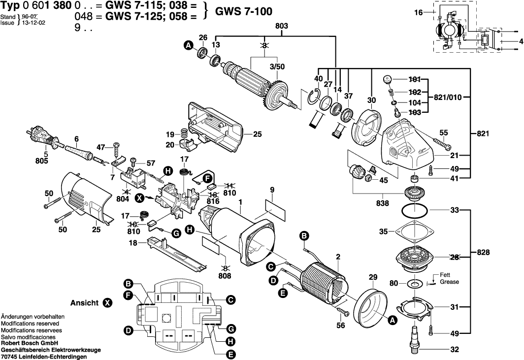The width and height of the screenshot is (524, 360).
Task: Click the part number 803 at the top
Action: [x=282, y=26]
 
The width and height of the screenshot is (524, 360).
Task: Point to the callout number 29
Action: [x=373, y=278]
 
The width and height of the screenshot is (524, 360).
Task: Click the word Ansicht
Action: [x=85, y=302]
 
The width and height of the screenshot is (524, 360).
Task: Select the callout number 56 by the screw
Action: [x=340, y=325]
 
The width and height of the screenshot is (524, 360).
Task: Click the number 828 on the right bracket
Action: [x=484, y=252]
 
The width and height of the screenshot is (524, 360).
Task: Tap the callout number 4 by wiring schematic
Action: [x=520, y=42]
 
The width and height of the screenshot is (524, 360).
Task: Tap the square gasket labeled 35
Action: [x=414, y=231]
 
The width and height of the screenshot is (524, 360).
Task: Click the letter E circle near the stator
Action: [x=282, y=293]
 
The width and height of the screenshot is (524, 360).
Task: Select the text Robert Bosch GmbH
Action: [x=30, y=343]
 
